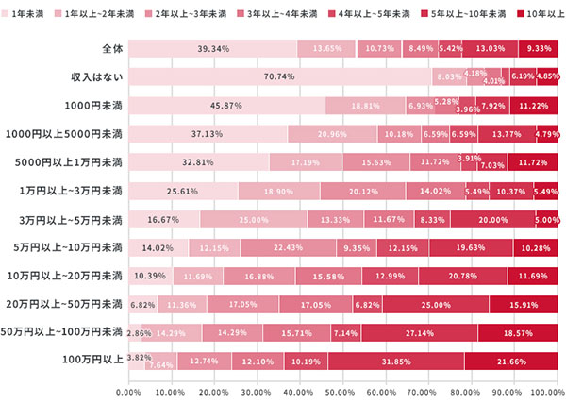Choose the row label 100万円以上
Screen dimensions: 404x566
(92, 361)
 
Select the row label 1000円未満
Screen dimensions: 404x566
(92, 106)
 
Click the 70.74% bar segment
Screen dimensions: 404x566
(279, 77)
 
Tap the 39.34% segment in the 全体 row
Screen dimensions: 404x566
(212, 49)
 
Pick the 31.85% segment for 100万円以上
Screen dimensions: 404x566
(396, 361)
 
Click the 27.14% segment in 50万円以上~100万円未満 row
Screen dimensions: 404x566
(419, 332)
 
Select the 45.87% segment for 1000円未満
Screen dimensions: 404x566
(226, 106)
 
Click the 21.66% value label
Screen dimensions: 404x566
(512, 361)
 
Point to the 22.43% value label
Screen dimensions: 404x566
(289, 247)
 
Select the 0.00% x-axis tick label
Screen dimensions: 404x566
(128, 390)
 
